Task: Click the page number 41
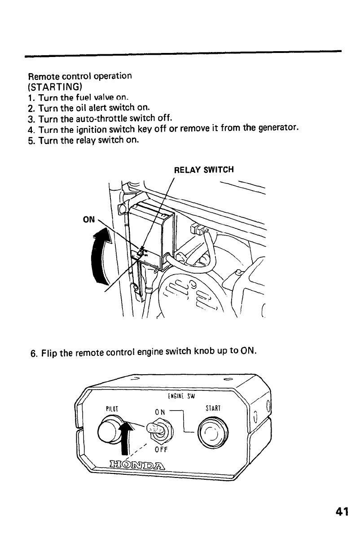point(341,512)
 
